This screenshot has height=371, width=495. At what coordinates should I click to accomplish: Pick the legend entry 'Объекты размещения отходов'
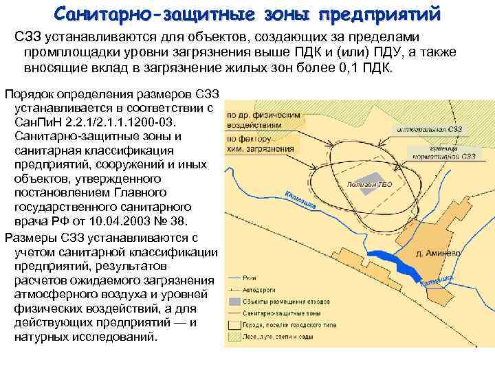[279, 302]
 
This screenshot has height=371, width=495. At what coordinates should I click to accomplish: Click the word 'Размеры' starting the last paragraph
[28, 238]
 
